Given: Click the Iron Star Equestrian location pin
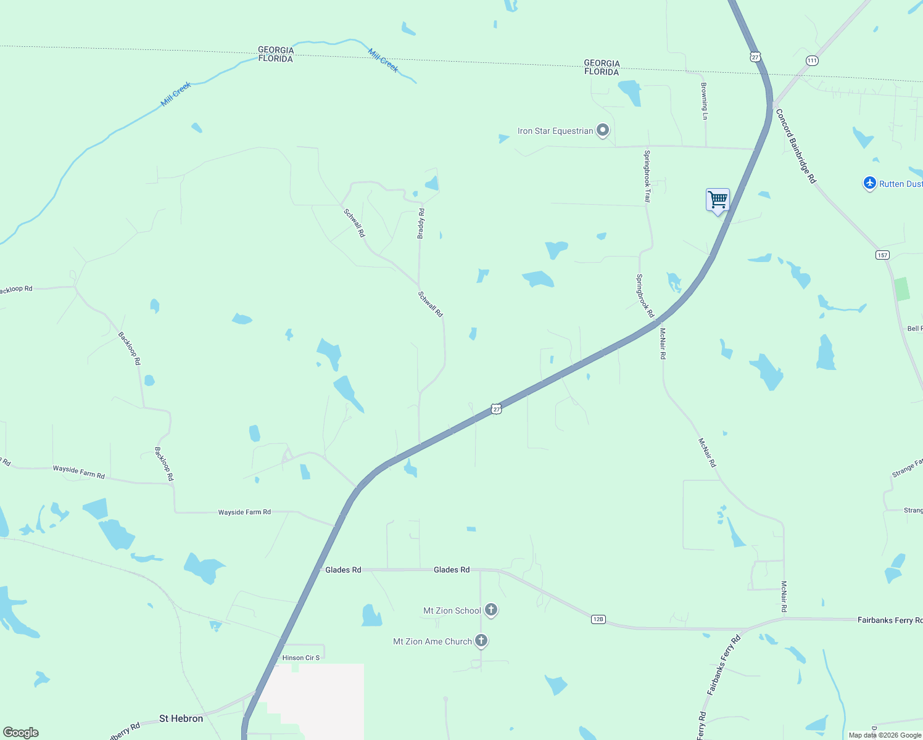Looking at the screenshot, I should [603, 130].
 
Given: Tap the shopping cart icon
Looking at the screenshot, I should [718, 200].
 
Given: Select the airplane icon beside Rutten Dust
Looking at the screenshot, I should [869, 183].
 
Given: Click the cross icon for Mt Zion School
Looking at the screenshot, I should [491, 610].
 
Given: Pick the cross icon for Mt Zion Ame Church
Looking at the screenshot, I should [481, 641].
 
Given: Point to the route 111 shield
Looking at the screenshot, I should [812, 60].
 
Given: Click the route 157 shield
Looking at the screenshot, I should [882, 255].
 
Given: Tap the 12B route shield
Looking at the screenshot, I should [598, 619].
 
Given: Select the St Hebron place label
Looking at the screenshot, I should [181, 718].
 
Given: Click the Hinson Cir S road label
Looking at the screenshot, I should [301, 658].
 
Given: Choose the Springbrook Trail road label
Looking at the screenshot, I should [647, 176].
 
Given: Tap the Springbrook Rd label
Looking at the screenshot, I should [645, 296].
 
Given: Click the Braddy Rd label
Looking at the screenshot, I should [421, 223].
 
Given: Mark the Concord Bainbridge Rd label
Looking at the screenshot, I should [796, 146].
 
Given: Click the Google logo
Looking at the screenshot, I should [21, 733].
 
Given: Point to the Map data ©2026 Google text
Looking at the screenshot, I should [885, 735].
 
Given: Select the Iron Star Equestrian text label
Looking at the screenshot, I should [555, 131].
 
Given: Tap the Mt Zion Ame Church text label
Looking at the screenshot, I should [432, 641].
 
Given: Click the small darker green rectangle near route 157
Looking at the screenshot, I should [902, 289].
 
